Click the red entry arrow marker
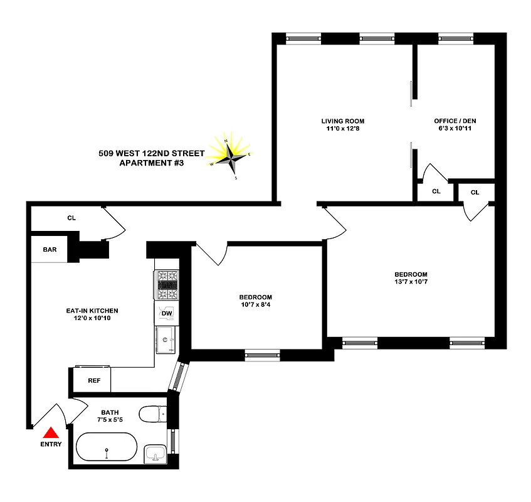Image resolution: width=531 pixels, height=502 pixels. pyautogui.click(x=51, y=432)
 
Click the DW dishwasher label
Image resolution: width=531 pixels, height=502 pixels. pyautogui.click(x=167, y=313)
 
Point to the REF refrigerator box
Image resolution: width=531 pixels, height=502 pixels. pyautogui.click(x=94, y=380)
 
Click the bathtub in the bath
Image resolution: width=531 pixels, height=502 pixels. pyautogui.click(x=107, y=448)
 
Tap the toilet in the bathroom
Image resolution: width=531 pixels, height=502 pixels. pyautogui.click(x=152, y=414)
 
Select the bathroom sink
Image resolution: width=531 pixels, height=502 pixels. pyautogui.click(x=154, y=453)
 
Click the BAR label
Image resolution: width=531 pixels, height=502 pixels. pyautogui.click(x=50, y=249)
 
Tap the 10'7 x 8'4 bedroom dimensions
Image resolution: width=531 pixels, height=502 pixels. pyautogui.click(x=255, y=306)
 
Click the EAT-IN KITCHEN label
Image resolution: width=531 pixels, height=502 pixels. pyautogui.click(x=92, y=311)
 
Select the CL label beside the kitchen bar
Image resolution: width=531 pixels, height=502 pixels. pyautogui.click(x=71, y=218)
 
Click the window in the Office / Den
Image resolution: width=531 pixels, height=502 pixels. pyautogui.click(x=456, y=38)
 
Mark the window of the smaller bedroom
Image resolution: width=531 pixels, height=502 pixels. pyautogui.click(x=262, y=355)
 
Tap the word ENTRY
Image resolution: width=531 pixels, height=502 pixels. pyautogui.click(x=51, y=444)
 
